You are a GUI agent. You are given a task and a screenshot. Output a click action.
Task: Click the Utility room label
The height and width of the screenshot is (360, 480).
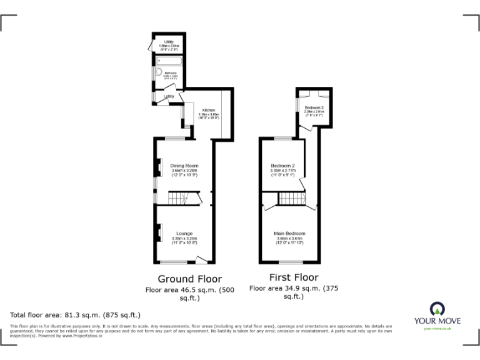click(168, 42)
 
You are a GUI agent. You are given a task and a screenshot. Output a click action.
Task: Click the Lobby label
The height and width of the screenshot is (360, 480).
click(169, 96)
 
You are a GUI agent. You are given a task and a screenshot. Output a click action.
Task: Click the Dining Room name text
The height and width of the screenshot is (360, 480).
click(184, 166)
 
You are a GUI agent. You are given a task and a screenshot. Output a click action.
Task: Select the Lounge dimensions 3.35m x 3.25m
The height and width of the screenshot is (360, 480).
click(184, 238)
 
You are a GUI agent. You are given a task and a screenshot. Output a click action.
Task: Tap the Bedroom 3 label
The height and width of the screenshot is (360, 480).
click(313, 107)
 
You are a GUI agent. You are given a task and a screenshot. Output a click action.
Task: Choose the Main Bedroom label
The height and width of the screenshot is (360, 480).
click(289, 234)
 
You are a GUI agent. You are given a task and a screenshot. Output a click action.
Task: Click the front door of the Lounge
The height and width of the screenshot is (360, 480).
click(201, 259)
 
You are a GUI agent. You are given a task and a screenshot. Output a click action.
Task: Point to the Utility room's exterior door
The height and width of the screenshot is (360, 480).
click(151, 46)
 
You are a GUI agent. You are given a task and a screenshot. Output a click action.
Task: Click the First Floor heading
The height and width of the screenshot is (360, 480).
click(293, 277)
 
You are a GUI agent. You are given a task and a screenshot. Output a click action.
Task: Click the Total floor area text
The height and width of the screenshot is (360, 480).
click(75, 315)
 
